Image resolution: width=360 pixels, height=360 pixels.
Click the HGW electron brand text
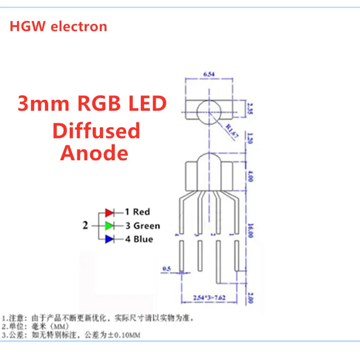point(58,27)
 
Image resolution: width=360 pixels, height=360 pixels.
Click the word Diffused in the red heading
point(96,131)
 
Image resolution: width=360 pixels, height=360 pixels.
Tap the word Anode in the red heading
point(94,153)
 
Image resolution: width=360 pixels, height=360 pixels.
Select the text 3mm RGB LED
point(92,104)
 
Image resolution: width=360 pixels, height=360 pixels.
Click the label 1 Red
point(137,212)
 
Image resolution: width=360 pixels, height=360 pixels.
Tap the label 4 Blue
point(139,239)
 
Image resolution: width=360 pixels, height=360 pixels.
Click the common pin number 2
point(85,225)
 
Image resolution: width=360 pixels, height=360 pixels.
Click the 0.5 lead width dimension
point(167,269)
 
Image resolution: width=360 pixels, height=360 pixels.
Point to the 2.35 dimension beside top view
point(250,108)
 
